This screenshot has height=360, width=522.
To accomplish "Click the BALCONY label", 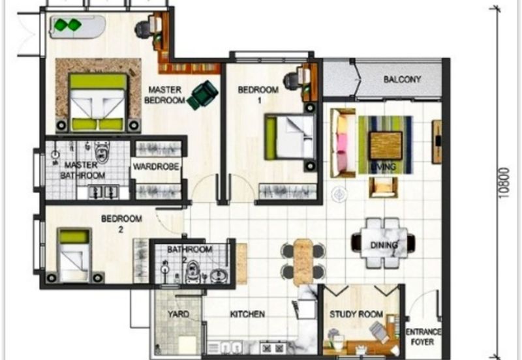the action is point(402,80).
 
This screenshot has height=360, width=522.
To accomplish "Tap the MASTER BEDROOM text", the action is point(164,95).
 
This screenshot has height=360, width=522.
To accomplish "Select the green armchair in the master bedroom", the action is point(202,95).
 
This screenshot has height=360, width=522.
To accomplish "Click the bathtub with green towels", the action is point(78,27).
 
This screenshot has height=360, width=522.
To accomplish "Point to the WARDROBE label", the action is point(156,166).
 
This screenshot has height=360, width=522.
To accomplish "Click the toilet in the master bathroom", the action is point(101,153).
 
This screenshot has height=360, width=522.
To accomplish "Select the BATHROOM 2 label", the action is point(189,254).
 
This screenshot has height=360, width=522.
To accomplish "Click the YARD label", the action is point(178,314).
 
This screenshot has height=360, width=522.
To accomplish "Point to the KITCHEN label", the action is point(247,314).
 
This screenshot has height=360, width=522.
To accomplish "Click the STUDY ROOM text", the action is point(356,314).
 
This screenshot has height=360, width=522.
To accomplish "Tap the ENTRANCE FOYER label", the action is point(423,337).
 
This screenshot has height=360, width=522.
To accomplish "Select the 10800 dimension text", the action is point(504,183).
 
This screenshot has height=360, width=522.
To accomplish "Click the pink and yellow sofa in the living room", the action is point(343,143).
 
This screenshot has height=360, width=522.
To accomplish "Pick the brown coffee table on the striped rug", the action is point(386,145).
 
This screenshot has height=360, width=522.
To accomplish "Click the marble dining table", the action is point(384,243).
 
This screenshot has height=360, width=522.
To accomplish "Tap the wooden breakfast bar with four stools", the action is point(303,262).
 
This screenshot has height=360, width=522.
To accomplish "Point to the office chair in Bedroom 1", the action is point(291,80).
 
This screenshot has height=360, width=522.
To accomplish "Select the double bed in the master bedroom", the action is point(98,102).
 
